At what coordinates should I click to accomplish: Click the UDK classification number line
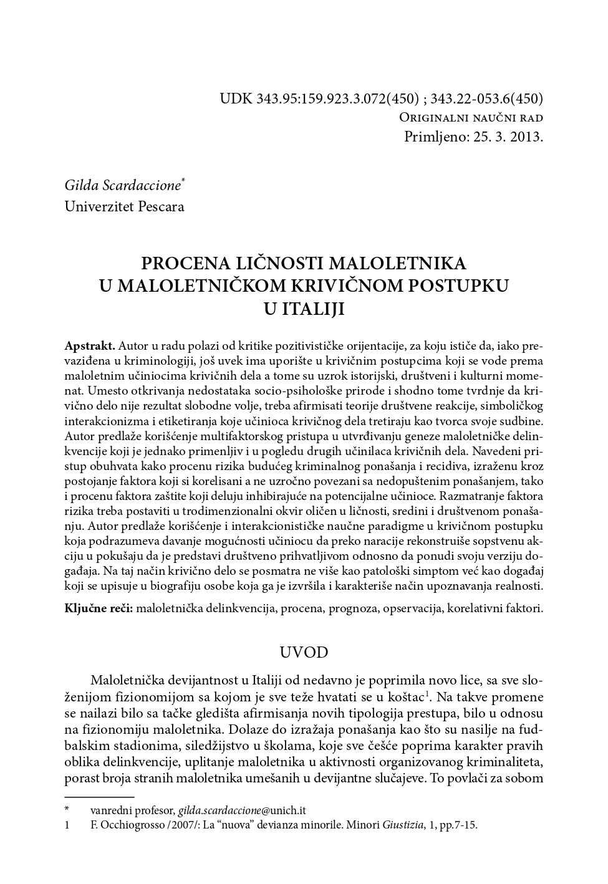pyautogui.click(x=381, y=98)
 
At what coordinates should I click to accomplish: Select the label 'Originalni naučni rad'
pyautogui.click(x=471, y=118)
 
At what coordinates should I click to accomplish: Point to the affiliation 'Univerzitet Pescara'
pyautogui.click(x=124, y=206)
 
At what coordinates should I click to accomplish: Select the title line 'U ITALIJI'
pyautogui.click(x=304, y=309)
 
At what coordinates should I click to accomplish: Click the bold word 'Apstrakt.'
pyautogui.click(x=90, y=345)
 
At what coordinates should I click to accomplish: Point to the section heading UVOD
pyautogui.click(x=304, y=653)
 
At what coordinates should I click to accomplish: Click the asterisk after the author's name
pyautogui.click(x=183, y=181)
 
